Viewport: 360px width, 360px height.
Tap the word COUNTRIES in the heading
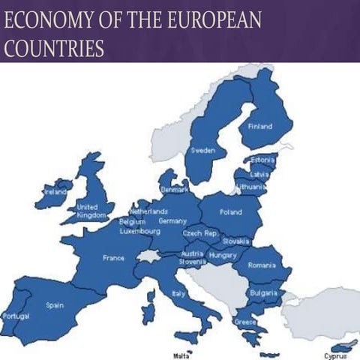click(x=53, y=48)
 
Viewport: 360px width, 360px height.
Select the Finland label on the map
click(x=260, y=126)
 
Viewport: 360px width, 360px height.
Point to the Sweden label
click(x=203, y=151)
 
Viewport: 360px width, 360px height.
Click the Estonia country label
click(x=263, y=160)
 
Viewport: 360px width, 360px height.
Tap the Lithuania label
click(x=250, y=186)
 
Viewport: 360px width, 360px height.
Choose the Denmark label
click(x=175, y=190)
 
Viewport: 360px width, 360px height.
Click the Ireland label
click(x=55, y=192)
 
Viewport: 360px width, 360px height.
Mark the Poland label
click(x=230, y=211)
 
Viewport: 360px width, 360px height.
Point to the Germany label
click(x=172, y=221)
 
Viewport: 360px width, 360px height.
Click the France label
click(x=113, y=258)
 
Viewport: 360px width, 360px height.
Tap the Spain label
click(x=55, y=305)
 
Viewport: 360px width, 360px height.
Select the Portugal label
click(x=15, y=316)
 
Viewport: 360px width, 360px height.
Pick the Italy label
click(x=178, y=293)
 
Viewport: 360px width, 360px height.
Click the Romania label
click(x=263, y=265)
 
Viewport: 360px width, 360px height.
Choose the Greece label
click(x=244, y=322)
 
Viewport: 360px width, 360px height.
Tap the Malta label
click(x=181, y=355)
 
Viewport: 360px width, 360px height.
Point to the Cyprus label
click(x=335, y=355)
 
